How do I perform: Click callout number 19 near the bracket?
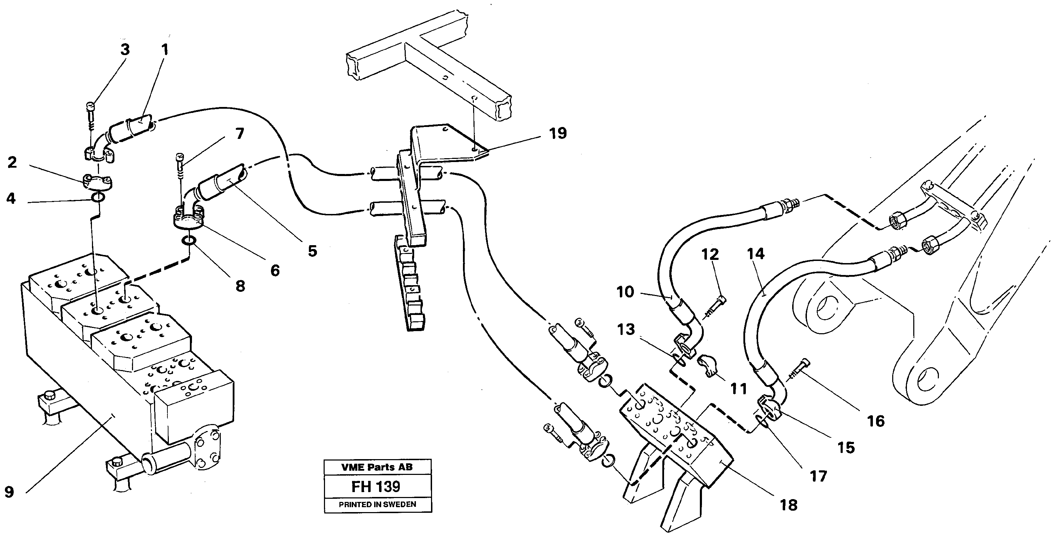click(558, 133)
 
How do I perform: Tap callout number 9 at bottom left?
click(9, 492)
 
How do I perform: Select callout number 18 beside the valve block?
click(788, 505)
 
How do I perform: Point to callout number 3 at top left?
click(125, 49)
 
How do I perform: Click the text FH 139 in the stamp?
click(376, 487)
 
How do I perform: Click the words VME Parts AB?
click(377, 467)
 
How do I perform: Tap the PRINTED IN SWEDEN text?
click(377, 505)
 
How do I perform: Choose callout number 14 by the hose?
click(755, 254)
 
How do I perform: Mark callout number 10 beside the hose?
click(625, 292)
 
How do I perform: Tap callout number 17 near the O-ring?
click(818, 476)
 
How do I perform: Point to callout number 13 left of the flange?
click(626, 329)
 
